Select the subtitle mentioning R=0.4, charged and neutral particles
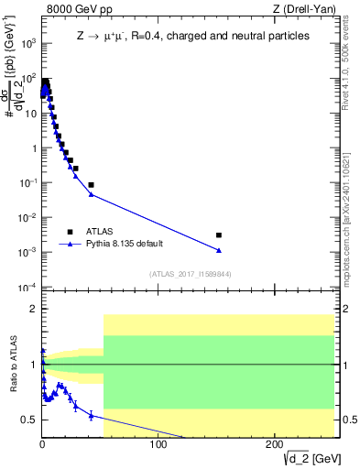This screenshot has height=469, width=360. coord(192,36)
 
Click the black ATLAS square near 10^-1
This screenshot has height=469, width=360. coord(91,185)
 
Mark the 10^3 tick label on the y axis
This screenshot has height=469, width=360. coord(27,44)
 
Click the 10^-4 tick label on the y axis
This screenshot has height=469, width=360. coord(27,288)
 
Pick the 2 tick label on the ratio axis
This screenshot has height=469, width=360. coord(33,309)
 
